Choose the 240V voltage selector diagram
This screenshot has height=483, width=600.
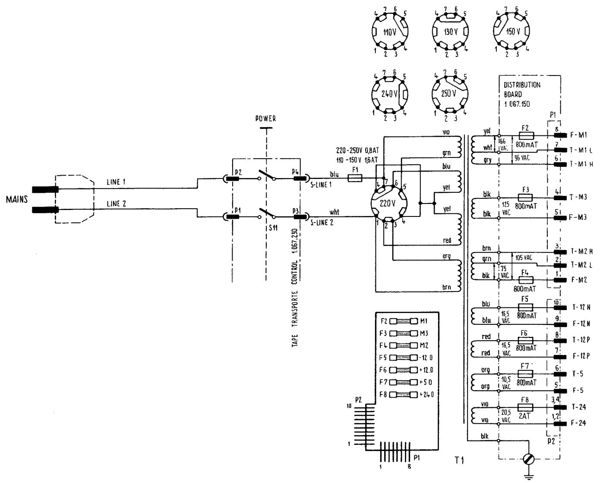[390, 94]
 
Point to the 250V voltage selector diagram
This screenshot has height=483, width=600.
[450, 94]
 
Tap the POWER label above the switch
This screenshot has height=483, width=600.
[265, 119]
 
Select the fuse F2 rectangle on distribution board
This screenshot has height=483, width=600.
[526, 135]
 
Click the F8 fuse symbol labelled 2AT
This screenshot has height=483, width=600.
[525, 407]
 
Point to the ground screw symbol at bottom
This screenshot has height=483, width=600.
[528, 460]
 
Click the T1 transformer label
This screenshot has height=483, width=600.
[459, 461]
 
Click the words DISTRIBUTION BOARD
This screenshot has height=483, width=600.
[521, 89]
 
